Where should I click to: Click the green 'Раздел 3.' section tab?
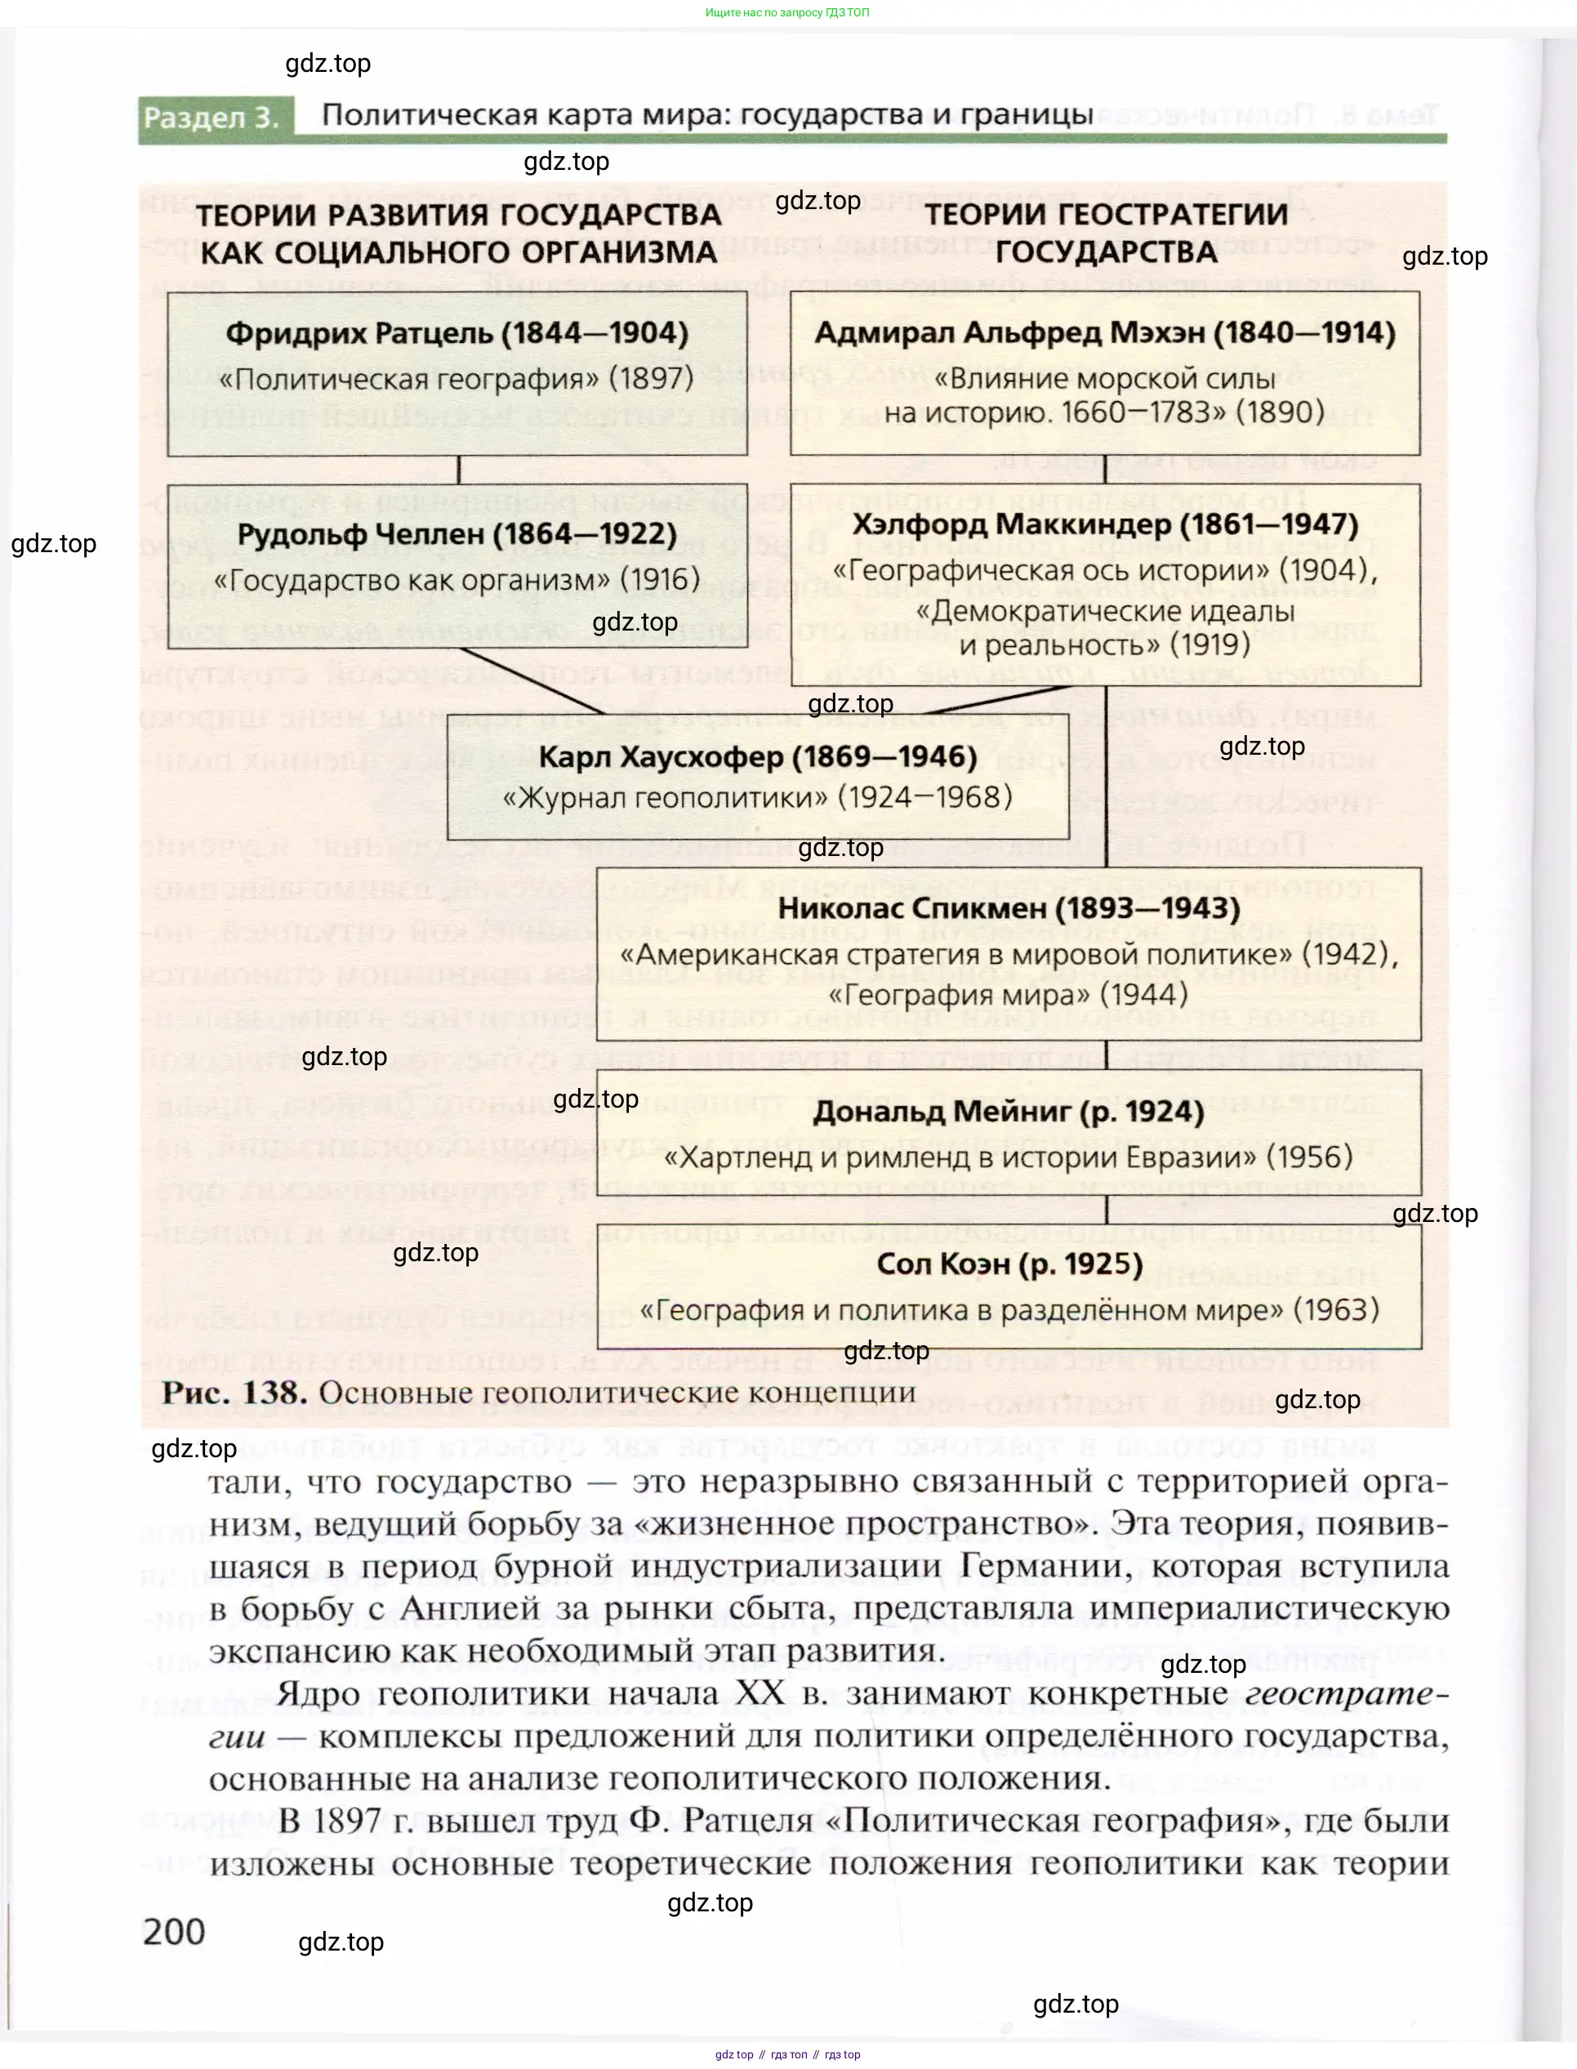point(212,118)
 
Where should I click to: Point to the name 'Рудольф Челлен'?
point(365,533)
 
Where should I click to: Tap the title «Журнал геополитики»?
point(666,798)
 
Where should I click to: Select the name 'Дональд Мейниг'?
point(942,1112)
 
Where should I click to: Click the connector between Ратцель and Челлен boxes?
point(458,470)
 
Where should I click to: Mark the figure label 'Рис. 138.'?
point(234,1392)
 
